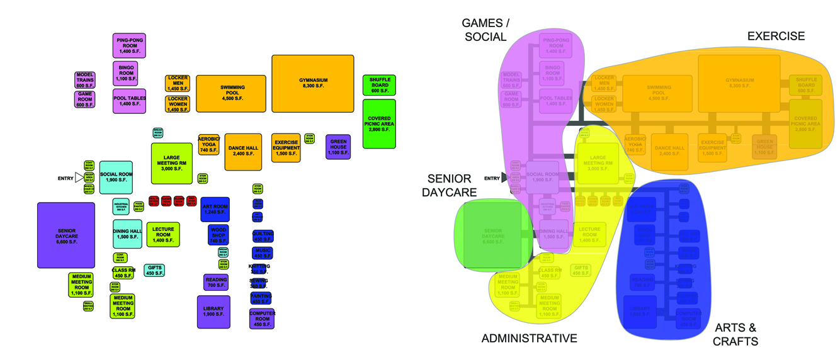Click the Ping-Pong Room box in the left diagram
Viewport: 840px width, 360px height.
(x=129, y=45)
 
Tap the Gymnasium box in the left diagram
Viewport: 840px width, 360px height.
(x=312, y=84)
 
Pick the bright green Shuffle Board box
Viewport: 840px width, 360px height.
(x=379, y=84)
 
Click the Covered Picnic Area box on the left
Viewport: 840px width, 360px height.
(x=379, y=123)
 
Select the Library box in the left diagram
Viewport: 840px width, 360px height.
(x=213, y=311)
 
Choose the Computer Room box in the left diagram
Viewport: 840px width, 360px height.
(x=262, y=318)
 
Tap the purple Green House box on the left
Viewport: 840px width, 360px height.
(x=338, y=146)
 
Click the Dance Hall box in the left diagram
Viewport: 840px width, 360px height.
(x=243, y=151)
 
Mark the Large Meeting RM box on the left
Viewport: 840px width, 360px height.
(x=171, y=162)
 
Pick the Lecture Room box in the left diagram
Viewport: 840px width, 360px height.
(x=163, y=234)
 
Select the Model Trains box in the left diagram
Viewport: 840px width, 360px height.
(x=85, y=80)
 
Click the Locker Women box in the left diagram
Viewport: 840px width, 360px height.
(x=178, y=104)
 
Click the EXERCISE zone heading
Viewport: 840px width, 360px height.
(x=775, y=37)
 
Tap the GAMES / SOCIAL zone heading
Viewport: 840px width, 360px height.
(x=485, y=30)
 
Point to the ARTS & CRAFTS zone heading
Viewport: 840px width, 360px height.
(x=735, y=334)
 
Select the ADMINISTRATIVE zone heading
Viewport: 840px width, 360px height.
(x=529, y=339)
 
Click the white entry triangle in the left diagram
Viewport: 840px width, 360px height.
(x=79, y=178)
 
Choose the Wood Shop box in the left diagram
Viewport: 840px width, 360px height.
(x=218, y=234)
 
